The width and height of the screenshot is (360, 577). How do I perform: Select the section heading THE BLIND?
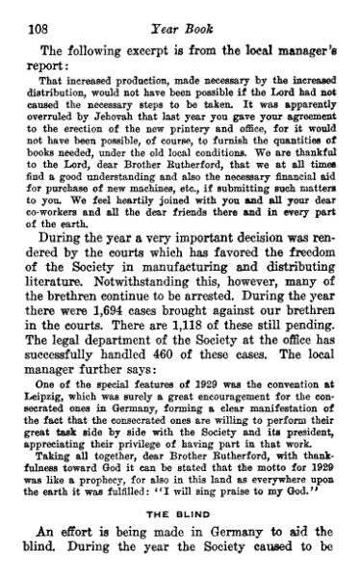pos(179,514)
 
